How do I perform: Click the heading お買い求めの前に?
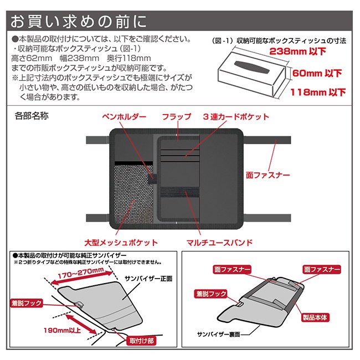(x=78, y=22)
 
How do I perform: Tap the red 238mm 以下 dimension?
(x=297, y=51)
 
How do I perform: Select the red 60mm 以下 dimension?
(x=317, y=73)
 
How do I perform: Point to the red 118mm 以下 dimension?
(x=318, y=92)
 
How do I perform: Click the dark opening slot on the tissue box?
(x=251, y=67)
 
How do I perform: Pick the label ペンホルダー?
(x=124, y=117)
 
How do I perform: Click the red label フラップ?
(x=177, y=117)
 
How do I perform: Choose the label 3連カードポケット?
(x=236, y=117)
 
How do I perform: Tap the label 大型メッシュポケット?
(x=121, y=243)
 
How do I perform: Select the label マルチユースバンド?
(x=219, y=243)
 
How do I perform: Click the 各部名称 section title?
(x=32, y=116)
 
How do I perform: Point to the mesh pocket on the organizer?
(x=133, y=193)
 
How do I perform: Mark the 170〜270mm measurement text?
(x=81, y=273)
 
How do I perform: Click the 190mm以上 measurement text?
(x=63, y=331)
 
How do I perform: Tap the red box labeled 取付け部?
(x=141, y=341)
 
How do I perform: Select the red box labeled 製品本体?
(x=315, y=317)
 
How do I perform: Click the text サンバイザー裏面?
(x=218, y=335)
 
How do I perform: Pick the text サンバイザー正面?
(x=148, y=279)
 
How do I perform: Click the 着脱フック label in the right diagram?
(x=211, y=294)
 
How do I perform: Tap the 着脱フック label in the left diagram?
(x=27, y=303)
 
